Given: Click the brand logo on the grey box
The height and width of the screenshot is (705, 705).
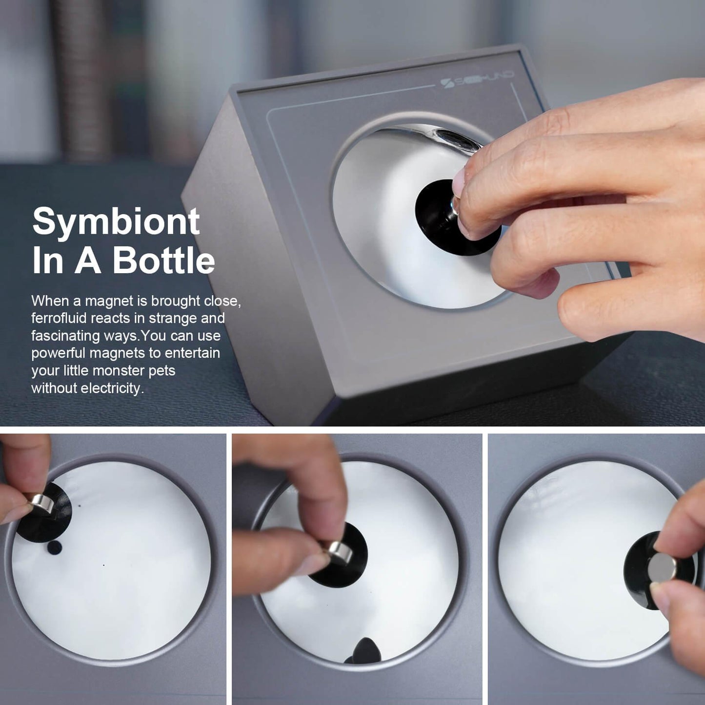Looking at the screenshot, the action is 477,80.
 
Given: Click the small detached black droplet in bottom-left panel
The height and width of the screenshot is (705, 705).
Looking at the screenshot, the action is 55,547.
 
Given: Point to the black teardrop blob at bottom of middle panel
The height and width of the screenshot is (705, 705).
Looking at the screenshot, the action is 363,650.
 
